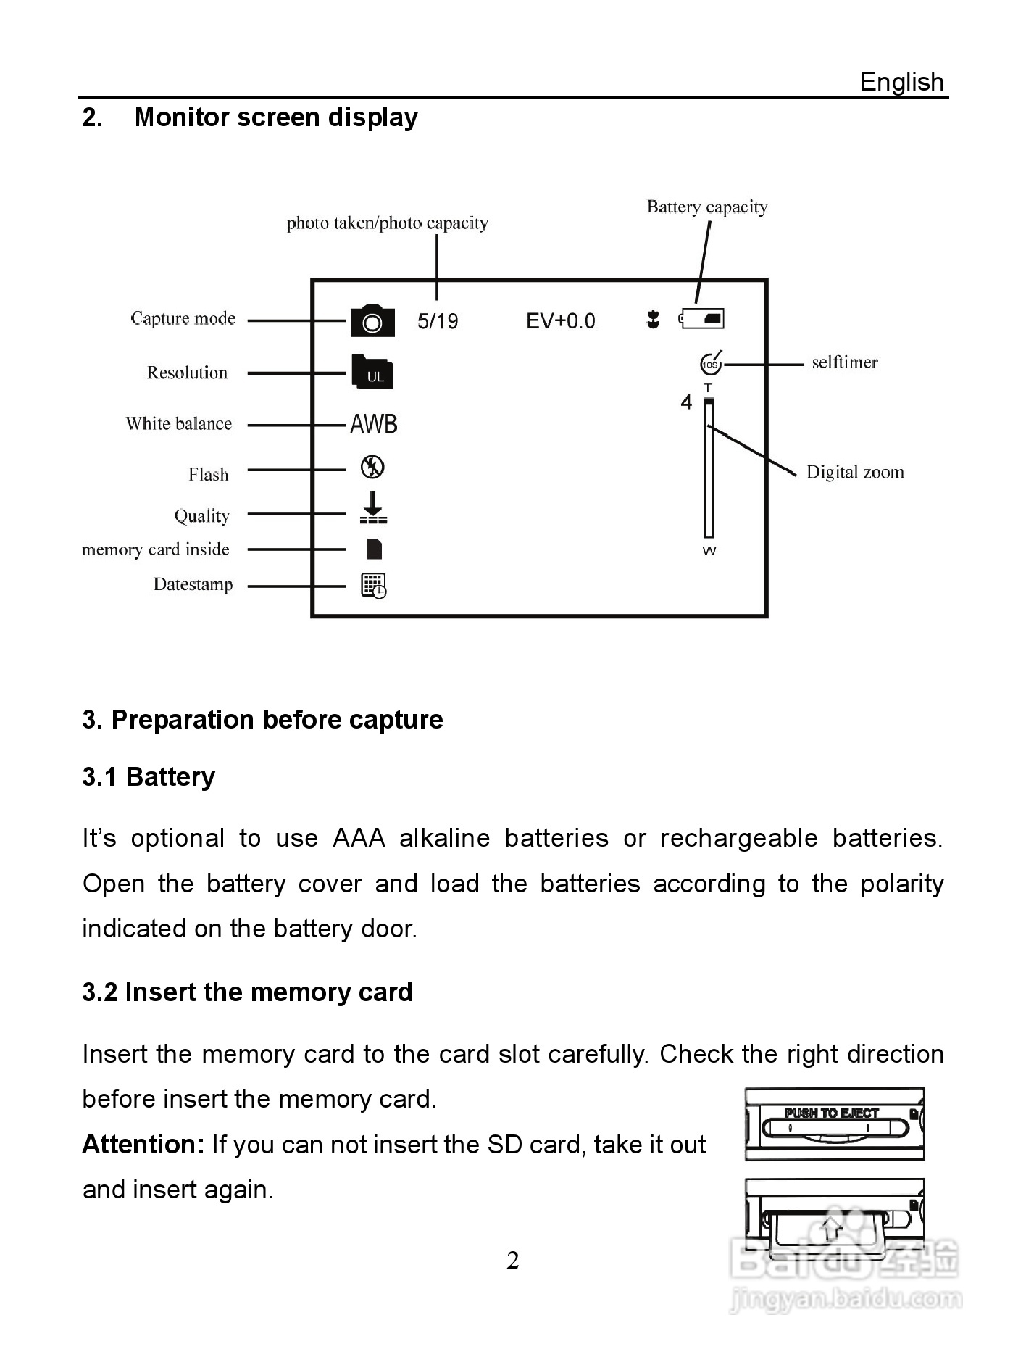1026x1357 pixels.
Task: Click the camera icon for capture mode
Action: point(372,321)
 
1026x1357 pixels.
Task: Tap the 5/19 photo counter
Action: point(438,321)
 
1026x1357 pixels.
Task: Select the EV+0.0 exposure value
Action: point(560,321)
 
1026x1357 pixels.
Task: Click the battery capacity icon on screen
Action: point(702,318)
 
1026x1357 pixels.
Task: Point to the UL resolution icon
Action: point(372,373)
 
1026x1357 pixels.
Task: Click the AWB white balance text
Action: point(374,424)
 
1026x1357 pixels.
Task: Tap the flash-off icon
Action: point(372,467)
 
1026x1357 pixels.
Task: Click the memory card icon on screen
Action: point(374,549)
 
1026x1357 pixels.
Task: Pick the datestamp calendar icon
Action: point(374,585)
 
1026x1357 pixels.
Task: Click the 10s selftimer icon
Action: point(711,363)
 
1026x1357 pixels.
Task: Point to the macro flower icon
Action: point(653,319)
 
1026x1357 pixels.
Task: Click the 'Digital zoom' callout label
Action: point(855,473)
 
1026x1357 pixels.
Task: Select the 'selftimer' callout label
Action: point(844,362)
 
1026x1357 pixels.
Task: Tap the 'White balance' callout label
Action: point(179,424)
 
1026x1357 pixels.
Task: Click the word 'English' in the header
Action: point(901,82)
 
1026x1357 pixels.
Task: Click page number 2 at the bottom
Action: point(513,1261)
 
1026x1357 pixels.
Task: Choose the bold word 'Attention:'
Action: point(143,1145)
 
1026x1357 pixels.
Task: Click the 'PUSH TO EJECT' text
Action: point(832,1113)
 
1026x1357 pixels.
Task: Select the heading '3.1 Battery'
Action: point(149,777)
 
